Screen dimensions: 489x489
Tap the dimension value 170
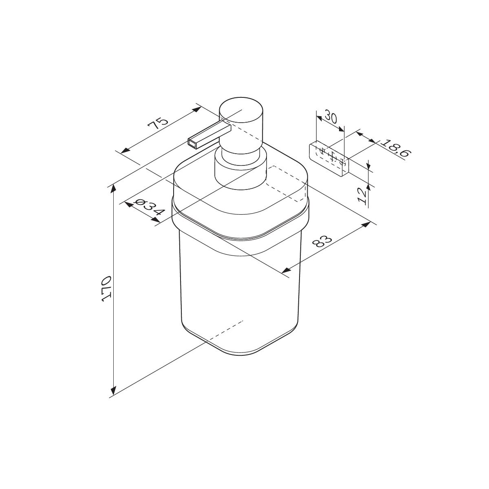pyautogui.click(x=107, y=289)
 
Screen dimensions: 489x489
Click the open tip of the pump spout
pyautogui.click(x=192, y=143)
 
